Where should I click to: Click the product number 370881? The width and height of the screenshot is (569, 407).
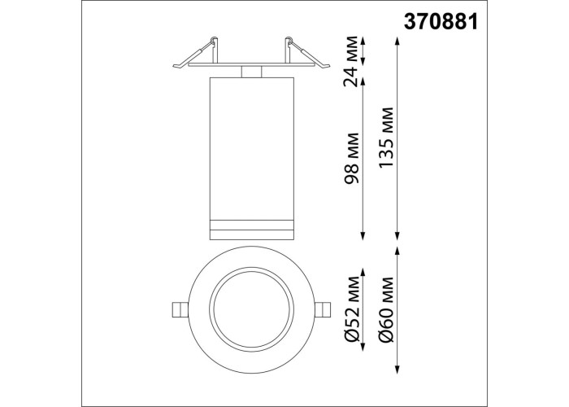(441, 22)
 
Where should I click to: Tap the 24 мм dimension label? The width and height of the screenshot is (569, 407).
(351, 61)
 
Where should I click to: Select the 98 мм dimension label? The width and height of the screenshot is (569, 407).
(351, 159)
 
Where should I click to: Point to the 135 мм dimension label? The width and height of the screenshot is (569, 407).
(385, 138)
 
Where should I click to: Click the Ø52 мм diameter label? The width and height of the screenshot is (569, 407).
(351, 309)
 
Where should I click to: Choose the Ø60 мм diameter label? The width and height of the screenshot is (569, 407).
(385, 309)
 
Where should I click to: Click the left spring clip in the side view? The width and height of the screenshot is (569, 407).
(196, 53)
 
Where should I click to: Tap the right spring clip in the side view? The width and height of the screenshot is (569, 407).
(308, 53)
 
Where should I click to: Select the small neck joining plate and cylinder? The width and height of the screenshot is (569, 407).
(252, 72)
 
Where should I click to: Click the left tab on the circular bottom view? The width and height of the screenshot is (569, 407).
(180, 309)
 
